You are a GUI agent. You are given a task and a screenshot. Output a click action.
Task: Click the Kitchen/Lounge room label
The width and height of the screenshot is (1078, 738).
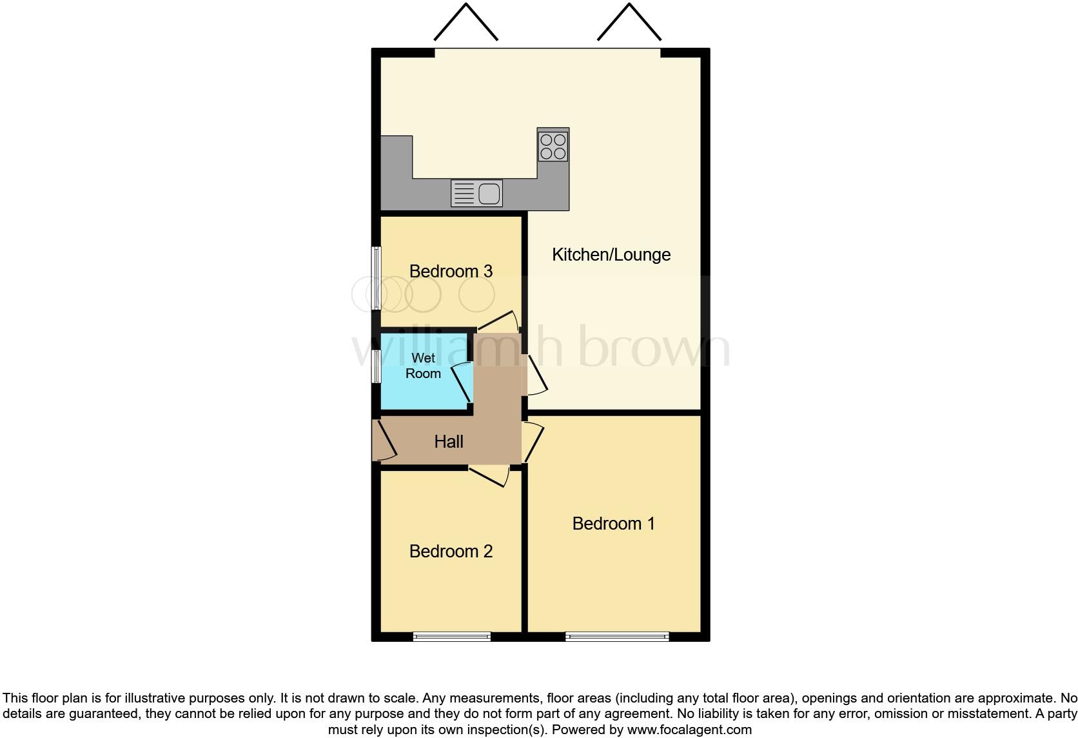611,255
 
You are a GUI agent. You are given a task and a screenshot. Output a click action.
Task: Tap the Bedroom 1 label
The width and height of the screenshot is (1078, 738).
613,523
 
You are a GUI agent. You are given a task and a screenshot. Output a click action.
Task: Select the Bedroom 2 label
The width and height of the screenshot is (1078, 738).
451,552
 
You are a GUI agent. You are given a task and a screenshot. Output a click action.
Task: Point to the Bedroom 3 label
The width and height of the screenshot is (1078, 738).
451,272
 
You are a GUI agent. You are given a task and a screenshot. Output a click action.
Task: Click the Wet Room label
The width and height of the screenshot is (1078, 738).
423,366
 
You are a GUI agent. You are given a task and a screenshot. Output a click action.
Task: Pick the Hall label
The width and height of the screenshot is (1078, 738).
449,442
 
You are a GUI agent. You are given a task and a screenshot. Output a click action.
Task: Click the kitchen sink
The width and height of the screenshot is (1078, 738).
477,193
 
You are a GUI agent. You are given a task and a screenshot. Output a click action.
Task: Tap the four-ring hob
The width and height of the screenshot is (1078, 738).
553,146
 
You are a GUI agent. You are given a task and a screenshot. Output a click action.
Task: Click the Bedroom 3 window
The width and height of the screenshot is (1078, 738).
376,277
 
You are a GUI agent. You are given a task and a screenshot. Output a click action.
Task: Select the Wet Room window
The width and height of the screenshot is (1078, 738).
376,366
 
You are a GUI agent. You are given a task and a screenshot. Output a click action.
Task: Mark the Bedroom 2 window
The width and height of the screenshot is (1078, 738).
452,637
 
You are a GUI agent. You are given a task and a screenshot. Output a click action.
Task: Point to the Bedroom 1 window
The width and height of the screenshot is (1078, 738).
617,637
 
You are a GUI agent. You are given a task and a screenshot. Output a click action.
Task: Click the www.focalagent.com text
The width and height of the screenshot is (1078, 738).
689,730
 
